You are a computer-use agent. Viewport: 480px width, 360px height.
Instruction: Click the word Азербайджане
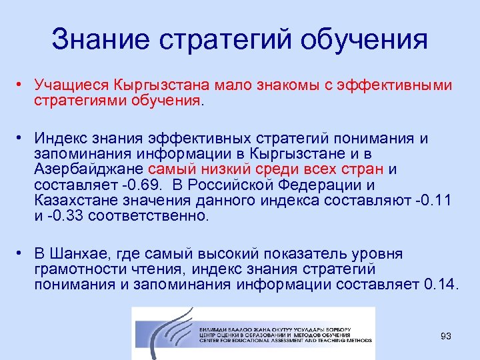click(90, 169)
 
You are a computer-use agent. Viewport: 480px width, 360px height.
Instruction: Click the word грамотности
click(81, 269)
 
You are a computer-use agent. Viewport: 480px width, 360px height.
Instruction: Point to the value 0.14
click(440, 285)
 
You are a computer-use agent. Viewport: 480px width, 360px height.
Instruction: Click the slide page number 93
click(445, 336)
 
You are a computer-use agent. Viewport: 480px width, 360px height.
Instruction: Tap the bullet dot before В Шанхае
click(21, 253)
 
